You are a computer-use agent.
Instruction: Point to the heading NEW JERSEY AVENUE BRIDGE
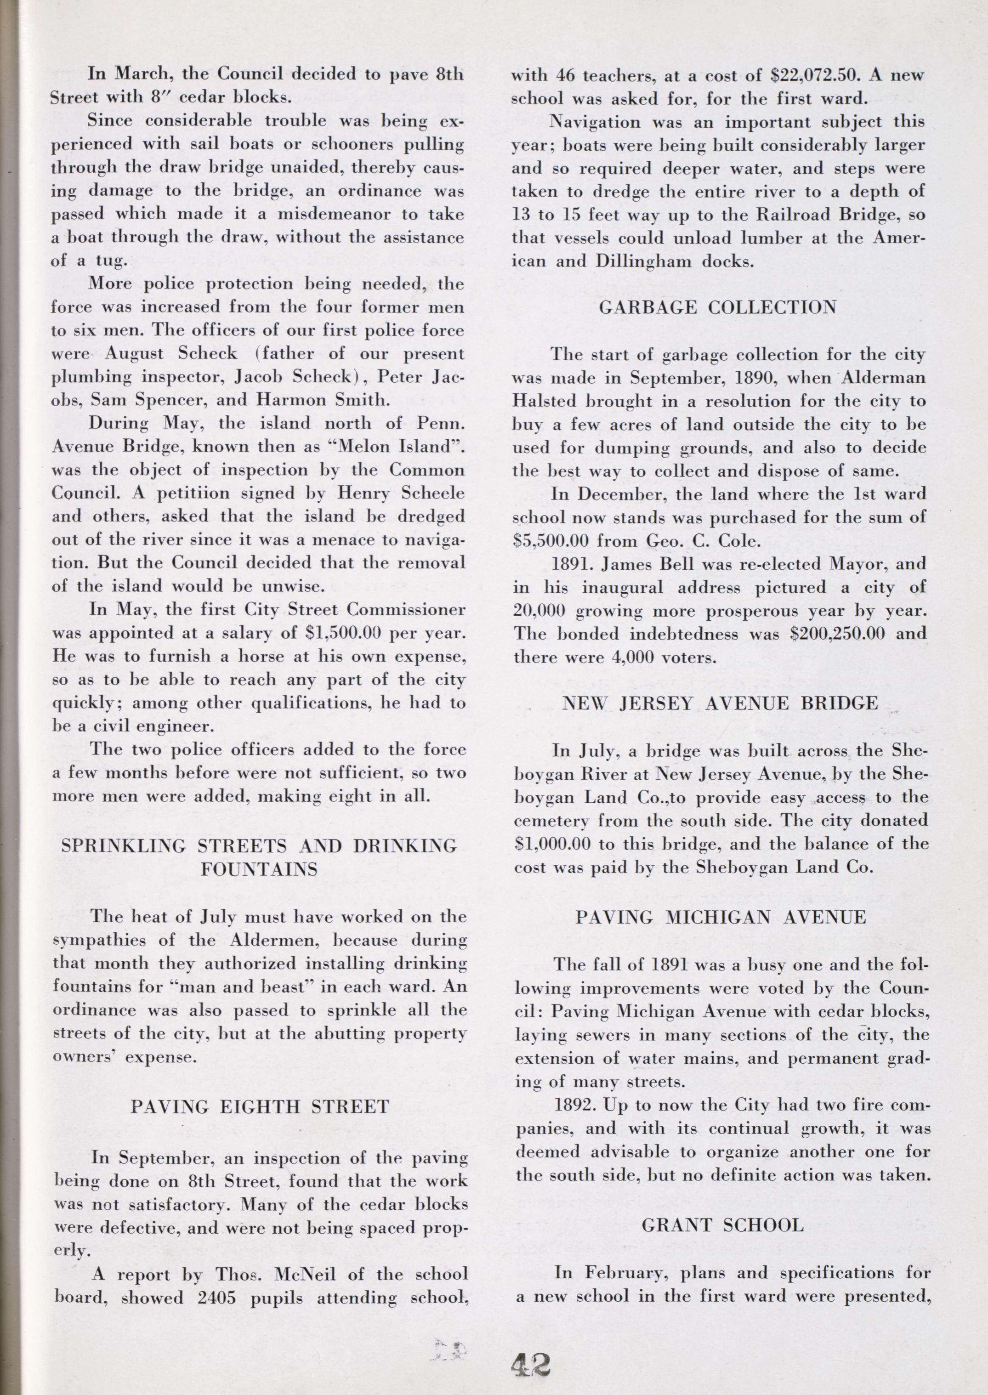[x=720, y=703]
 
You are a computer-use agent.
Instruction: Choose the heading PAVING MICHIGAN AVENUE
[x=721, y=917]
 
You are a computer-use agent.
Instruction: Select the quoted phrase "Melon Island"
[x=398, y=447]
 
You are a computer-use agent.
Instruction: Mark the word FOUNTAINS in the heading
[x=259, y=869]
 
